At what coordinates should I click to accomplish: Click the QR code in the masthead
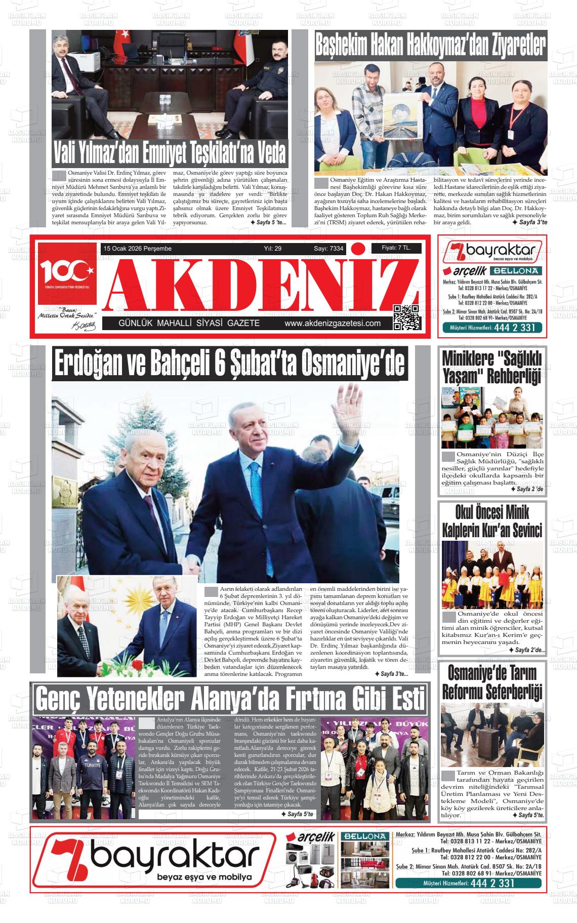pyautogui.click(x=406, y=318)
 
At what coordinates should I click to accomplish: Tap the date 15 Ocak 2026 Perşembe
pyautogui.click(x=138, y=249)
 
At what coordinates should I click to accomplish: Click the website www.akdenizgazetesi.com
pyautogui.click(x=333, y=324)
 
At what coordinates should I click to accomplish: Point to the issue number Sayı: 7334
pyautogui.click(x=328, y=249)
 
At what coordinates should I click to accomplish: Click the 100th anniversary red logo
pyautogui.click(x=67, y=274)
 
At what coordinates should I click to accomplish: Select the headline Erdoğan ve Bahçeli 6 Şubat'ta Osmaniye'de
pyautogui.click(x=230, y=365)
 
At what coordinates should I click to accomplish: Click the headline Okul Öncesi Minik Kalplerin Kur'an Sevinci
pyautogui.click(x=492, y=521)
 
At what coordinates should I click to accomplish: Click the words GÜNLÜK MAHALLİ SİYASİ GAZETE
pyautogui.click(x=189, y=324)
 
